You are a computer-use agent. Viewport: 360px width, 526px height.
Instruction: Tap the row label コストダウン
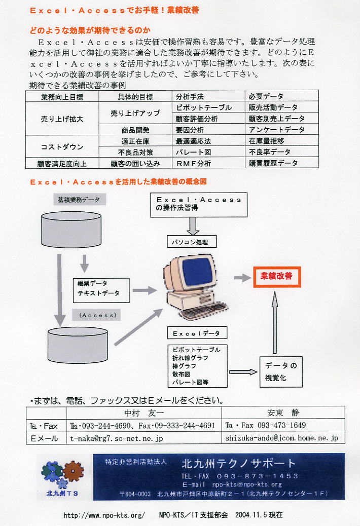tap(62, 146)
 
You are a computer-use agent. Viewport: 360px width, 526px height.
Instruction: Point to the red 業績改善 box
tap(277, 277)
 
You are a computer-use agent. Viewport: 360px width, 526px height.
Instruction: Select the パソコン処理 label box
tap(192, 242)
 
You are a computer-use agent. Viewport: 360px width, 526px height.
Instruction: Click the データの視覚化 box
tap(281, 371)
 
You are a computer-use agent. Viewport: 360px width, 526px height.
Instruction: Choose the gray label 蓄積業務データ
tap(79, 199)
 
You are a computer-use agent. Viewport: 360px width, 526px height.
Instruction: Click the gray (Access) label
tap(97, 315)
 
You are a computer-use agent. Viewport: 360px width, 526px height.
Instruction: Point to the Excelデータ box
tap(197, 333)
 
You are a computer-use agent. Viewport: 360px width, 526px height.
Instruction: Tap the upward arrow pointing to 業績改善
tap(275, 322)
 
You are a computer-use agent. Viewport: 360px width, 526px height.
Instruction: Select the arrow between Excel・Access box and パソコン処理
tap(193, 226)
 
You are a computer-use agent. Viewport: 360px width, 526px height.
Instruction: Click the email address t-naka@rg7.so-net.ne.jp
tap(117, 438)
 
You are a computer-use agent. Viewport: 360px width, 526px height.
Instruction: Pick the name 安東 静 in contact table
tap(283, 412)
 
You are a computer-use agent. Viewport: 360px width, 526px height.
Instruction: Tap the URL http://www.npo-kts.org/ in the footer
tap(104, 515)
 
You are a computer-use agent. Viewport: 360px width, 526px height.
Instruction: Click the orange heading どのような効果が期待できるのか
tap(90, 30)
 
